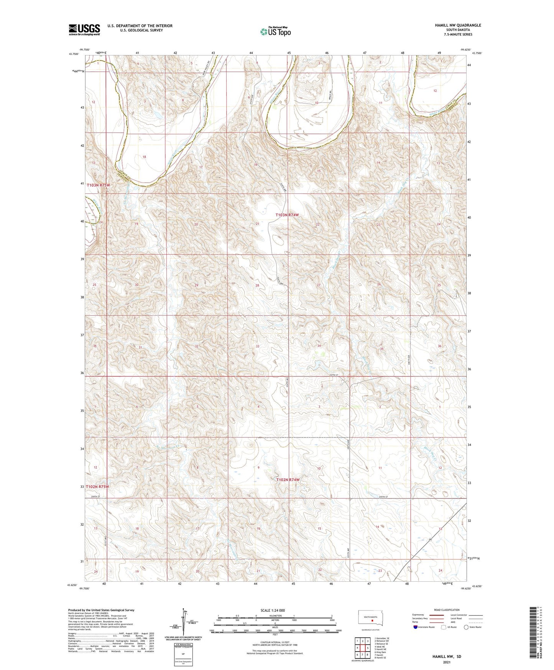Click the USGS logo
coord(84,30)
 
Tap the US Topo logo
coord(275,32)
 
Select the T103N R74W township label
coord(287,215)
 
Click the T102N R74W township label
coord(288,480)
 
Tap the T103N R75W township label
coord(99,185)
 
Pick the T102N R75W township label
coord(97,487)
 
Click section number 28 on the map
coord(257,285)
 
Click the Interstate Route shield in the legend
coord(416,627)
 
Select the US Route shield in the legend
coord(443,627)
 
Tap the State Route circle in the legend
coord(466,627)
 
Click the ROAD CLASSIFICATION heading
coord(447,610)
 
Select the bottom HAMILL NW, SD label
coord(446,657)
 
